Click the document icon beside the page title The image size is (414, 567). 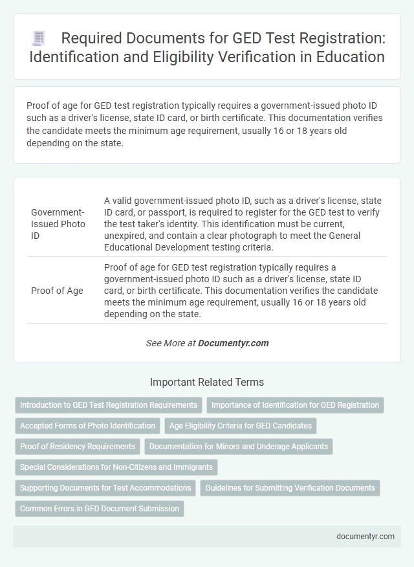click(x=38, y=39)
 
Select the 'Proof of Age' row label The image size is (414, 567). click(x=57, y=291)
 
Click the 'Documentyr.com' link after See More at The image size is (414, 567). click(x=234, y=343)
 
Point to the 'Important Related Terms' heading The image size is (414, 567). click(x=206, y=382)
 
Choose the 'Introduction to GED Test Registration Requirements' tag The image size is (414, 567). click(x=109, y=405)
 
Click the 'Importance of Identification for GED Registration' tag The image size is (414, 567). click(x=295, y=405)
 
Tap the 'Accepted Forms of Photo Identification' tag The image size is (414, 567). click(x=88, y=426)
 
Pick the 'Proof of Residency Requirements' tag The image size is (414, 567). click(x=78, y=447)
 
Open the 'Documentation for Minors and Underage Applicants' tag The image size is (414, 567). click(x=239, y=447)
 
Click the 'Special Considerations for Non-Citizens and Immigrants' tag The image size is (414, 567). click(x=116, y=467)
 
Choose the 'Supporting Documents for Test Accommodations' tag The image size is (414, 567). click(x=105, y=488)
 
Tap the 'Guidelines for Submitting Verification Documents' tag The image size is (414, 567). click(x=290, y=488)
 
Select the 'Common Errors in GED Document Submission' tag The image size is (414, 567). click(x=100, y=509)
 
